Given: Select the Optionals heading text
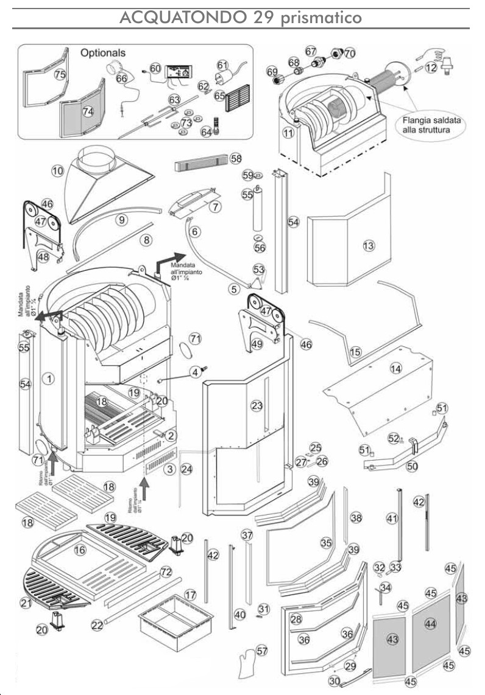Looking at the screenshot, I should (103, 54).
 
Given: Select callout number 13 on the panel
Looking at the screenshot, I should (367, 245).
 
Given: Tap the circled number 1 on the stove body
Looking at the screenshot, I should (50, 379).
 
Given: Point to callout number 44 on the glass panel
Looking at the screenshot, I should (430, 624).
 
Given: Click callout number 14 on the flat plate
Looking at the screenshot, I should (396, 368).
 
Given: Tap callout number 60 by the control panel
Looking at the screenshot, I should (155, 69).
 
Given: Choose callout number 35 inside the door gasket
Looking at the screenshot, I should (326, 542).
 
